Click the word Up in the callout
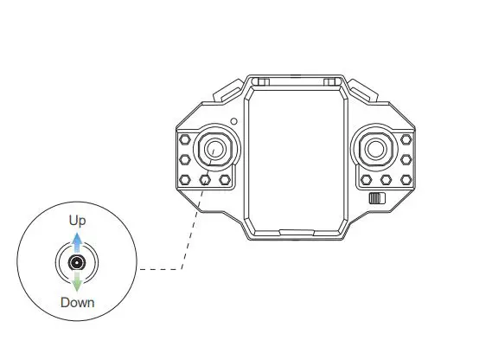click(77, 221)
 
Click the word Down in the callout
click(78, 303)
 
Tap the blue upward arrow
click(77, 242)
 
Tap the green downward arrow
click(77, 281)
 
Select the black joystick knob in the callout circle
click(77, 262)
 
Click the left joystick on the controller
click(216, 148)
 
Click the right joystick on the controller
click(375, 149)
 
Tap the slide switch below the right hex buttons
click(377, 198)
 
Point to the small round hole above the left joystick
click(233, 121)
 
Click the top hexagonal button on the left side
click(185, 139)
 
